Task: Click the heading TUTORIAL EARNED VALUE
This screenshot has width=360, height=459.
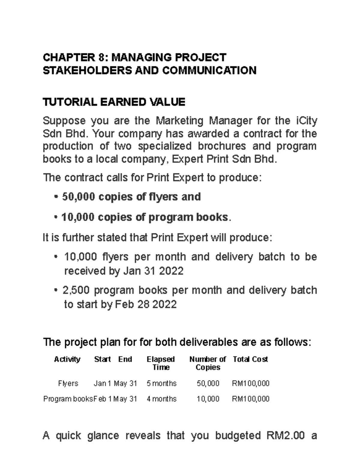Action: pos(114,102)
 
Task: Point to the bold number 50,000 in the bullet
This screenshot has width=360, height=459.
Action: pos(78,197)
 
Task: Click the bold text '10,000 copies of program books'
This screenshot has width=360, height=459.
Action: pos(145,217)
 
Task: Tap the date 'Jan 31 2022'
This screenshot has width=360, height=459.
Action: pos(153,271)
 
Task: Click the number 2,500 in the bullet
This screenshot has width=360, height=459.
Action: pos(76,290)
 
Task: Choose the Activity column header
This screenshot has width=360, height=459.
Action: pos(67,359)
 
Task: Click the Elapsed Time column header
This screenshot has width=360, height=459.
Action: pos(161,363)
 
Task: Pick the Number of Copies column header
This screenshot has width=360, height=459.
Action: pos(208,363)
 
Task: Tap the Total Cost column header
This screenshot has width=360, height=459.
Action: pos(250,359)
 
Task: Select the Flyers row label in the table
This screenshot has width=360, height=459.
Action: pos(68,383)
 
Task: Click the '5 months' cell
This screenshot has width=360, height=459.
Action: pos(161,383)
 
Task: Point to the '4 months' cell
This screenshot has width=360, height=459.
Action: pos(161,399)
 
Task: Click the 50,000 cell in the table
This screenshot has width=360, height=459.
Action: pos(208,383)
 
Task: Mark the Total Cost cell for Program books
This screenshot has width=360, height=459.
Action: pos(250,399)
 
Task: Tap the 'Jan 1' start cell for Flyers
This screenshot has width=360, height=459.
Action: pos(102,383)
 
